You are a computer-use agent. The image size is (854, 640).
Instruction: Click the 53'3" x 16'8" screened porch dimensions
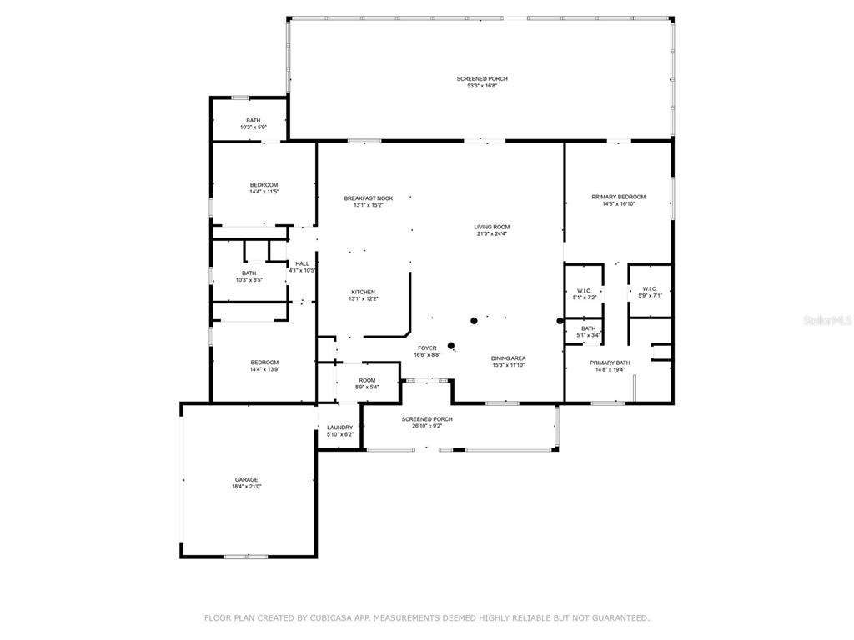coord(483,86)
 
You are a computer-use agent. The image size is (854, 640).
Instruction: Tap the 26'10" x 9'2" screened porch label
coord(427,422)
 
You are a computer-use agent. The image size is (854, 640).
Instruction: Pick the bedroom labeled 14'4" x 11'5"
coord(264,187)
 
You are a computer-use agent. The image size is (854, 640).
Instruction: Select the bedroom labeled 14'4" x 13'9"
coord(264,365)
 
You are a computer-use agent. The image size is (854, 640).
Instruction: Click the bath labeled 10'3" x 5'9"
coord(254,123)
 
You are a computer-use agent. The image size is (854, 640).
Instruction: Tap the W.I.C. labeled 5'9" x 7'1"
coord(650,292)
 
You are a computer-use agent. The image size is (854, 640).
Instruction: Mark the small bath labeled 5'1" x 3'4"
coord(588,332)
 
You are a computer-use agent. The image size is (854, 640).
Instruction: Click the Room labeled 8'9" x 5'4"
coord(367,383)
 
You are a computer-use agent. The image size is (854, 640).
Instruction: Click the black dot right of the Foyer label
coord(451,345)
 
